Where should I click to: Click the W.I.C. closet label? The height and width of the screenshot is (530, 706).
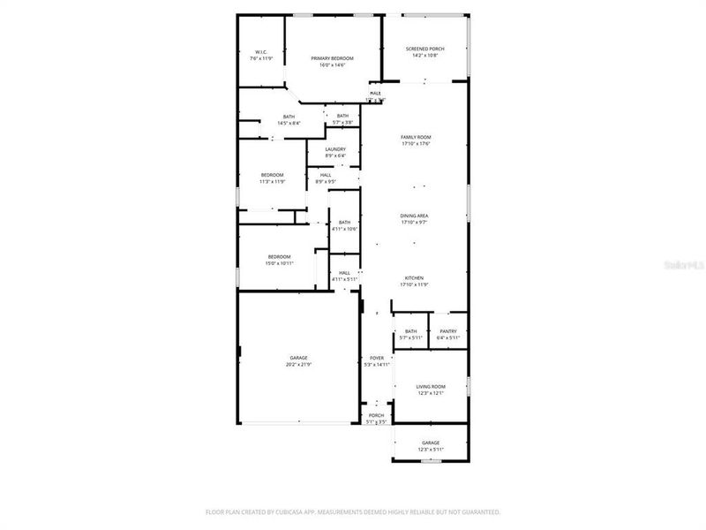[x=261, y=52]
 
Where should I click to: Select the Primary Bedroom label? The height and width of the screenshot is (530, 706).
[x=333, y=58]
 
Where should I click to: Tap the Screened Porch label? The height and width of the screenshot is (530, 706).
[x=424, y=49]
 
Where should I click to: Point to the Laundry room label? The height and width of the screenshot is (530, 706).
[x=335, y=149]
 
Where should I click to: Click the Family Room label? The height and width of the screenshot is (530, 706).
[x=416, y=137]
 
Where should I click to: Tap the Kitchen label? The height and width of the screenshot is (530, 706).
[x=415, y=277]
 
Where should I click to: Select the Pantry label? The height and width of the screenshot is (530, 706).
[x=448, y=331]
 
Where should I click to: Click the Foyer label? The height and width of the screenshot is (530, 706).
[x=377, y=358]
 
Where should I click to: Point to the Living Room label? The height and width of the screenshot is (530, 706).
[x=431, y=387]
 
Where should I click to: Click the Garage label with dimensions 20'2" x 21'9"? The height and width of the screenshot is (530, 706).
[x=298, y=358]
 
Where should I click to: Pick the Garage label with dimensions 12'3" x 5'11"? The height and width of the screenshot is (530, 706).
[x=431, y=443]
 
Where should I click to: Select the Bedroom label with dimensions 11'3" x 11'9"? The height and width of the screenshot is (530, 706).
[x=272, y=175]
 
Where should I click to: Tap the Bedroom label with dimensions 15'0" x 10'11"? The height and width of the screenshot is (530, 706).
[x=279, y=257]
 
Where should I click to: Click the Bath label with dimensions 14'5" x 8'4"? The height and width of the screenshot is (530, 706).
[x=289, y=117]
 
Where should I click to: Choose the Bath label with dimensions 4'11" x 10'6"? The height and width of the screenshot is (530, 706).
[x=344, y=223]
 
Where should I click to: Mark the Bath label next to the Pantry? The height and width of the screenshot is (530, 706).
[x=411, y=331]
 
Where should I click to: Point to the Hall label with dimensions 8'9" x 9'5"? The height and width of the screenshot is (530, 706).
[x=326, y=175]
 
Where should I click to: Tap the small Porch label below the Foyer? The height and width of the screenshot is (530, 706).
[x=376, y=415]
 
